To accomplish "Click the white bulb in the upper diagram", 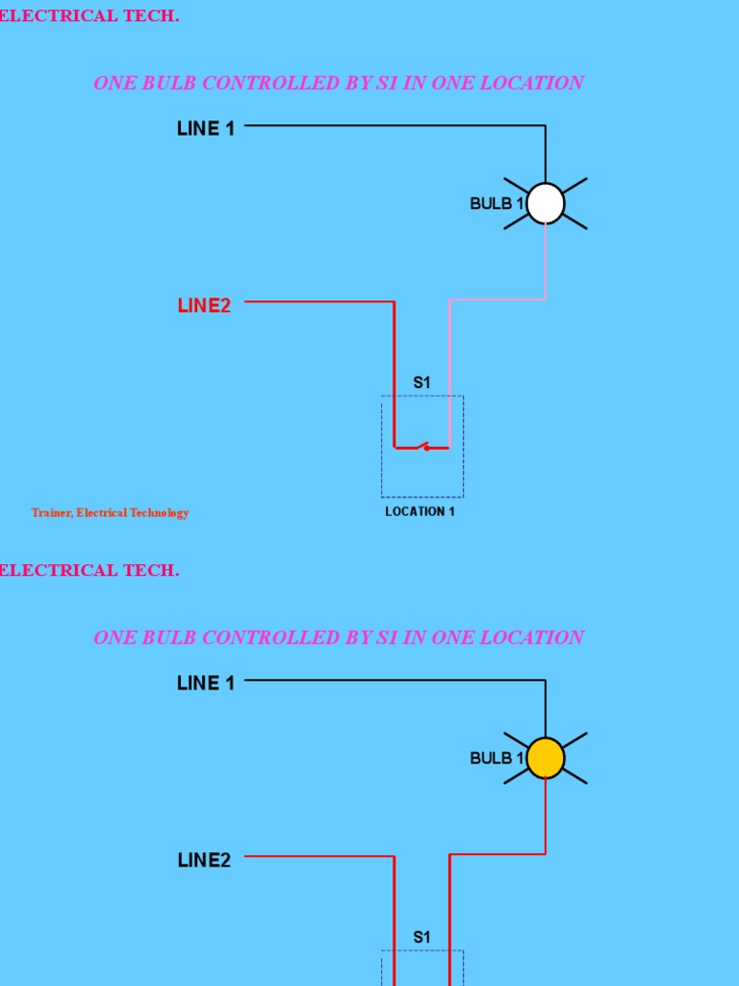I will click(546, 203).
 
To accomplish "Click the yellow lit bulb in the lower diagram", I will click(546, 758).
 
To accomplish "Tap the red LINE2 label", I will click(204, 306).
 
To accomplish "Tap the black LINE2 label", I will click(204, 861).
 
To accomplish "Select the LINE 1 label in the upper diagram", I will click(206, 129).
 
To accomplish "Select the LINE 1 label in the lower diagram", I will click(206, 684).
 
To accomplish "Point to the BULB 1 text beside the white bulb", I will click(497, 204).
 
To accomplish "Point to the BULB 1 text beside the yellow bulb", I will click(497, 759).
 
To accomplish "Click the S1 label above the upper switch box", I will click(421, 383).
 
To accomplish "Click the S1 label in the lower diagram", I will click(421, 938).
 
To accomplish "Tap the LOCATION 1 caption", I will click(420, 512).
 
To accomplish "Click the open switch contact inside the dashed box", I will click(422, 447).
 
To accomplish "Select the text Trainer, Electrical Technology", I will click(110, 513).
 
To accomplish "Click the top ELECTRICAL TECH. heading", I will click(89, 16).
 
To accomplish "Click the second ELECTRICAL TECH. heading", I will click(89, 571).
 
